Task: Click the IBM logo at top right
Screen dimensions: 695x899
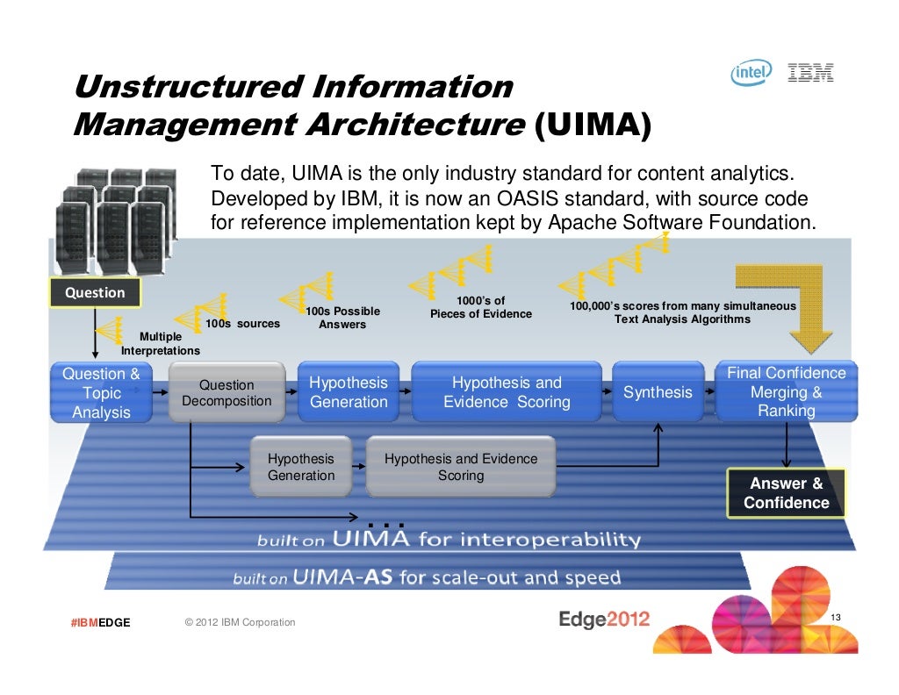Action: coord(810,74)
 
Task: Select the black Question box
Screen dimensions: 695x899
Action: coord(95,292)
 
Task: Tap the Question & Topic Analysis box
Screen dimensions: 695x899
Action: coord(101,392)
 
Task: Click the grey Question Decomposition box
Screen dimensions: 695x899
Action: coord(227,392)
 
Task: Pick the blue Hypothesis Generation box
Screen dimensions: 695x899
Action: coord(349,392)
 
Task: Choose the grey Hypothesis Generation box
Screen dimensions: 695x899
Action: coord(301,467)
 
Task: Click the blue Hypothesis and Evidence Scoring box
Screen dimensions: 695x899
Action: coord(507,392)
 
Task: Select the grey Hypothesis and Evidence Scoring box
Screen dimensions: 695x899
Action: coord(461,467)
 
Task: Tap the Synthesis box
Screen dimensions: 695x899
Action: coord(658,392)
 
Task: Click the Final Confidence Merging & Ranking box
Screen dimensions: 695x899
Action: coord(786,392)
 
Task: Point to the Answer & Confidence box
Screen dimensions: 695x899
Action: coord(786,493)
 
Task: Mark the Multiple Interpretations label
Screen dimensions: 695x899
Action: coord(161,343)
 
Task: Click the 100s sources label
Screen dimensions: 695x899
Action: coord(242,324)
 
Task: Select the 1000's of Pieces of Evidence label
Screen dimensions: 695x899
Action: coord(480,307)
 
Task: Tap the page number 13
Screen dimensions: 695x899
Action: coord(835,619)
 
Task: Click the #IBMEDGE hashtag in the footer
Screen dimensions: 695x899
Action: coord(101,623)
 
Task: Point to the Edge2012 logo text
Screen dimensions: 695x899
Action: coord(604,619)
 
